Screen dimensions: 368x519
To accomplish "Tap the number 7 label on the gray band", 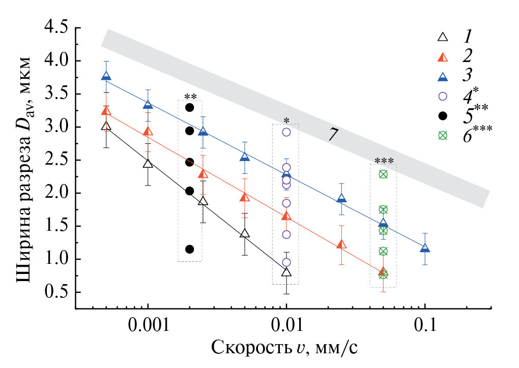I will point(333,134).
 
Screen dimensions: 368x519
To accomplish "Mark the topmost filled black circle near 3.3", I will point(190,107).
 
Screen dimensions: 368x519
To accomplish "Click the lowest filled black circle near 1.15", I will point(190,249).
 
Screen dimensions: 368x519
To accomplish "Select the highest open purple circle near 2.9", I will point(286,132).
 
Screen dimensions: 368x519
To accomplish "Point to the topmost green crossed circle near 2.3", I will point(383,174).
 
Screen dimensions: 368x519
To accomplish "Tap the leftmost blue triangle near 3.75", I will point(106,76).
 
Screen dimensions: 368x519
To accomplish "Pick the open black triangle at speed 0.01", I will point(286,272).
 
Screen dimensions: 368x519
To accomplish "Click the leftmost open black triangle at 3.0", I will point(106,126).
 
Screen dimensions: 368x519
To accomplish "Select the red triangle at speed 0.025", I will point(341,244).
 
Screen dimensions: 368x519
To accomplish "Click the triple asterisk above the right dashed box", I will point(383,161).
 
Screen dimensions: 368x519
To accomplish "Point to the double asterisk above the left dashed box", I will point(190,97).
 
